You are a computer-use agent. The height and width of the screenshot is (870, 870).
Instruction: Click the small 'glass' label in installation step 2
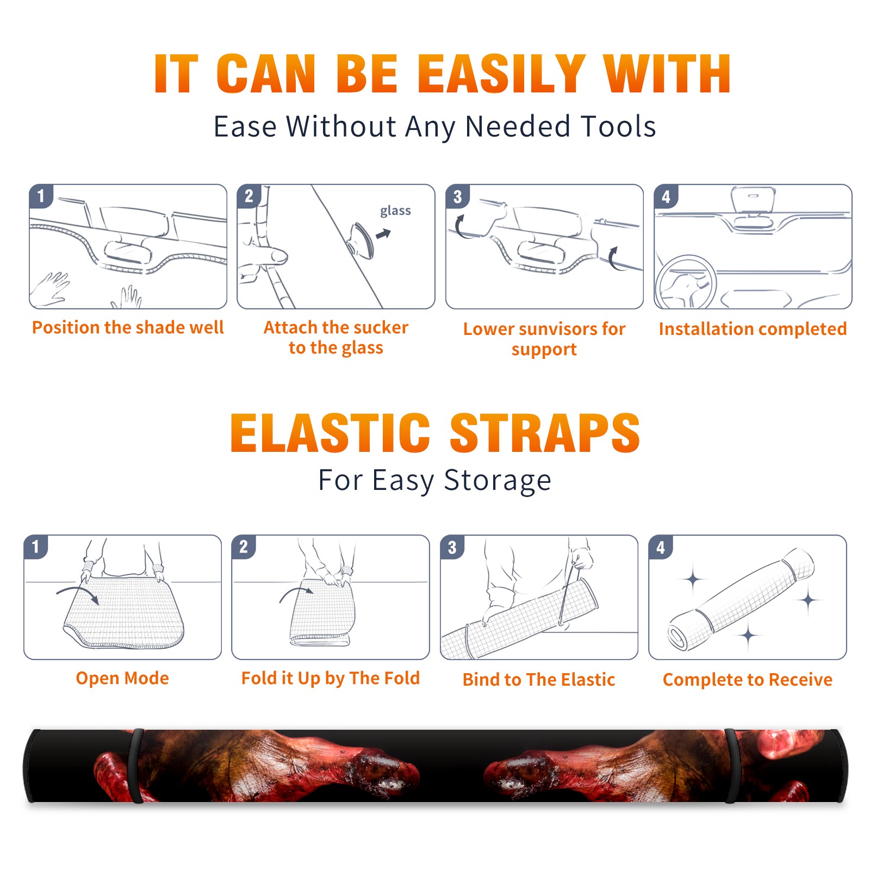point(395,210)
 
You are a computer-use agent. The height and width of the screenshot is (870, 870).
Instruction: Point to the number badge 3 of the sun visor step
point(457,196)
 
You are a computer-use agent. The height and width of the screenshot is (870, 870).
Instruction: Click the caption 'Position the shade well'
point(128,327)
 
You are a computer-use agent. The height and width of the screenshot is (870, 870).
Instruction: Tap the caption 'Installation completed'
point(753,328)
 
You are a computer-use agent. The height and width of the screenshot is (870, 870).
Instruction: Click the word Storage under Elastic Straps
point(498,481)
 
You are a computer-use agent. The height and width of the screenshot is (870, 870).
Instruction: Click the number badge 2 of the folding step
point(243,546)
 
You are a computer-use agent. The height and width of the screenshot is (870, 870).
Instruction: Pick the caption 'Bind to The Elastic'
point(538,680)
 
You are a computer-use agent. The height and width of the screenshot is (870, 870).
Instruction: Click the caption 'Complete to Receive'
point(747,680)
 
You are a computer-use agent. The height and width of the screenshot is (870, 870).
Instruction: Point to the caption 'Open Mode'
point(122,678)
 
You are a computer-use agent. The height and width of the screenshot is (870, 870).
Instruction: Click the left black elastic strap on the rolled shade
point(136,766)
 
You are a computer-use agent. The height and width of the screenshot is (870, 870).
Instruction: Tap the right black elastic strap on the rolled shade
point(732,766)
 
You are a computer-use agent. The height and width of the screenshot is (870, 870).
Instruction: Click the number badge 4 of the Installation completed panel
point(666,196)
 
